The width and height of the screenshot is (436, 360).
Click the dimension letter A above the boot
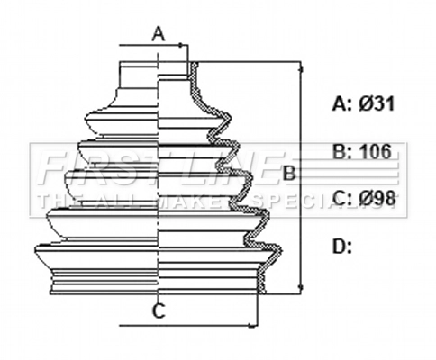158,34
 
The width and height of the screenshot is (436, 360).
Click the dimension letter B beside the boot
289,173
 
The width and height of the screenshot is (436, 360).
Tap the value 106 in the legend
376,151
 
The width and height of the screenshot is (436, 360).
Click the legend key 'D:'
341,245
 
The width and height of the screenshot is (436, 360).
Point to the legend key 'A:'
341,104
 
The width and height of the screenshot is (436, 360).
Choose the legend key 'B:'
341,151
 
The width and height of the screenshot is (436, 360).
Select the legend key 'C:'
341,198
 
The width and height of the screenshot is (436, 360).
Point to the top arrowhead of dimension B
300,66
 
